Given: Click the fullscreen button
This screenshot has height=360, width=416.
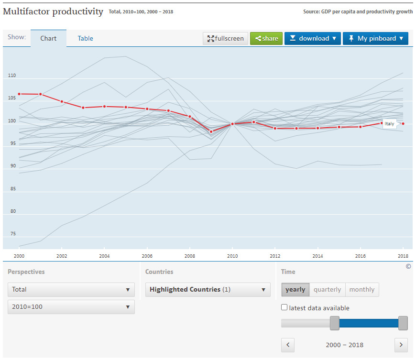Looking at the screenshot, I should [225, 38].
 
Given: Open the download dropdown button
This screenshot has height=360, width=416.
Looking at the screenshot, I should [313, 38].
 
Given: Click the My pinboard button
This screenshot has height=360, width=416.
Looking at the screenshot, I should [375, 38].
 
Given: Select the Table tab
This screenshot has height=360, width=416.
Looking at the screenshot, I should [86, 38].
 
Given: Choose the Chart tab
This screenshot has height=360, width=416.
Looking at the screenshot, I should [48, 38].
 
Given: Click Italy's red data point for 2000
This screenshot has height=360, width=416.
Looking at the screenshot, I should [19, 94].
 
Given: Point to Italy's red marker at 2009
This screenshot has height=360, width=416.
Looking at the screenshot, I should [211, 131].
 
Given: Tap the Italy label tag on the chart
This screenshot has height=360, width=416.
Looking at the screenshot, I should [390, 124].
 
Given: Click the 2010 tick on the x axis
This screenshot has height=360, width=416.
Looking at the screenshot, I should [232, 256].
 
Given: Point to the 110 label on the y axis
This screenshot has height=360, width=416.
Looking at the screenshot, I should [12, 76].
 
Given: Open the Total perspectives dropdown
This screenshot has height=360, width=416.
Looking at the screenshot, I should [71, 289].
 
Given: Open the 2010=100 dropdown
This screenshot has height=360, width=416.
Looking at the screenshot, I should [71, 306].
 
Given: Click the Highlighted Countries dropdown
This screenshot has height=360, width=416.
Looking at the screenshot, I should [208, 289].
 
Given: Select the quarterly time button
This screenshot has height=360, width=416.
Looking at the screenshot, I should [327, 289].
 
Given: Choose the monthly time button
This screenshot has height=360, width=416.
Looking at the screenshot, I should [362, 289].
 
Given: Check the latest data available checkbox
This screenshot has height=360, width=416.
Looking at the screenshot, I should [285, 307].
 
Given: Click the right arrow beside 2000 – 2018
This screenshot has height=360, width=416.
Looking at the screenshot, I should [401, 345].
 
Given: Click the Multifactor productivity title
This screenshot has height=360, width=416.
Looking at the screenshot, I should [53, 11].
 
